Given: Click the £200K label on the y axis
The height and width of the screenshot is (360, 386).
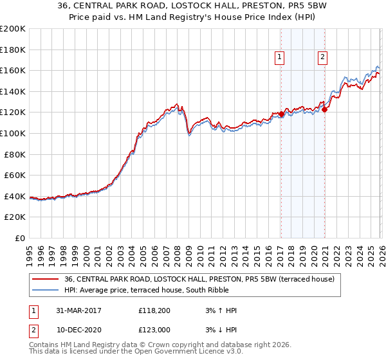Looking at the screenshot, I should tap(13, 29).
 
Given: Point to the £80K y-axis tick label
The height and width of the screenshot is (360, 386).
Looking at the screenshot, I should tap(15, 154).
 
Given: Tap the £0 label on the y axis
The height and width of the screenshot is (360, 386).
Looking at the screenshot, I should tap(20, 238).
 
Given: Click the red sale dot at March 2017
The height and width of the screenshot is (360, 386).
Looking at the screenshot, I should tap(281, 114).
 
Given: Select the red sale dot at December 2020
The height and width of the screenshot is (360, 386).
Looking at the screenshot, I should tap(325, 109).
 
